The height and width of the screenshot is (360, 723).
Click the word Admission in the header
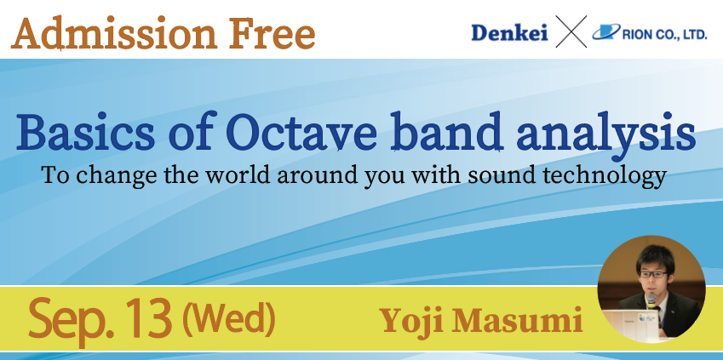114,33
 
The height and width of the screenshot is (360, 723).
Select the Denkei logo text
509,32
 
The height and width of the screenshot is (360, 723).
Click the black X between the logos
571,31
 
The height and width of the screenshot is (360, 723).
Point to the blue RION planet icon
606,32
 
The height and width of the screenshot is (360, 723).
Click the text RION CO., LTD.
664,35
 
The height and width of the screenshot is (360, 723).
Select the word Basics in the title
85,133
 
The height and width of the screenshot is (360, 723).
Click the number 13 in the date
149,317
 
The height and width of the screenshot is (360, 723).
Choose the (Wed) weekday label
229,318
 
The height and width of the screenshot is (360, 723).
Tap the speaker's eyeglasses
653,274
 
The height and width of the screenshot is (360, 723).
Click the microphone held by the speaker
651,301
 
